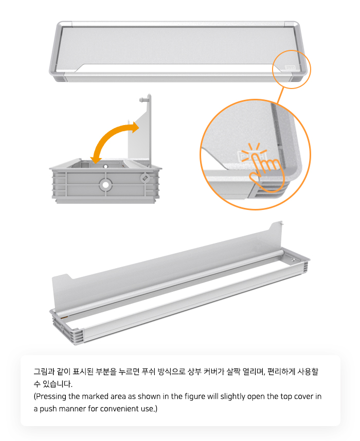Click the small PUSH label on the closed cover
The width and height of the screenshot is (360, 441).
coord(290,67)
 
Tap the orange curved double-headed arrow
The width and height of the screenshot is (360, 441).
coord(107,135)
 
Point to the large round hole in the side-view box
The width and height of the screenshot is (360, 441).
coord(105,185)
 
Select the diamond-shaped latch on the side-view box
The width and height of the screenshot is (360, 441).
coord(145,178)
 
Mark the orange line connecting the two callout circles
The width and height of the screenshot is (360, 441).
coord(280,96)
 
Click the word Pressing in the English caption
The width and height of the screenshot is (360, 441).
coord(50,397)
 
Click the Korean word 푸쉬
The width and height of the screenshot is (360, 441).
coord(149,372)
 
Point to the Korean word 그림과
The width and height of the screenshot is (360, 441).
coord(44,372)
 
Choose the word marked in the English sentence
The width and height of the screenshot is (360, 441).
coord(95,396)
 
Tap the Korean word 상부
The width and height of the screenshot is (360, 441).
coord(194,372)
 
